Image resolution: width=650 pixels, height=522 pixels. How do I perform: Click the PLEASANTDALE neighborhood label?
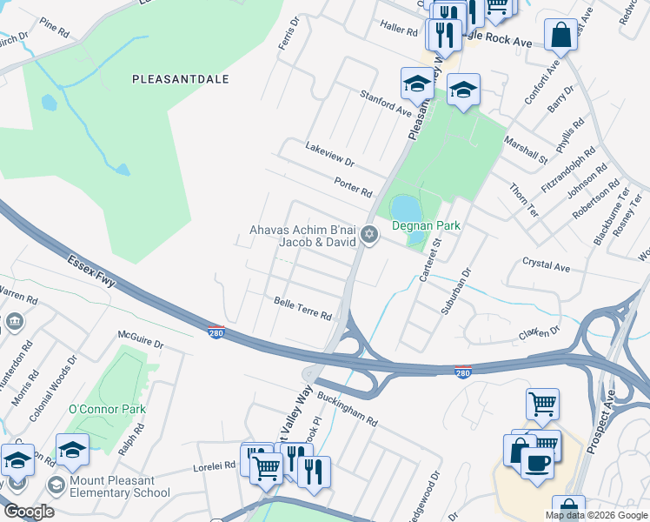coord(181,78)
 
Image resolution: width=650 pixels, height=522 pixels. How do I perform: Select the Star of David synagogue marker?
coord(369,233)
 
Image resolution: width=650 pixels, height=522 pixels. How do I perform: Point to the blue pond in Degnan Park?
coord(404,210)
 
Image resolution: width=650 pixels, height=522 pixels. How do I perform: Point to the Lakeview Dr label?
coord(330,155)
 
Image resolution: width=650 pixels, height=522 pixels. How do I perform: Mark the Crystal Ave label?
coord(546,264)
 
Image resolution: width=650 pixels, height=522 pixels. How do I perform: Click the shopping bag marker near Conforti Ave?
coord(561,36)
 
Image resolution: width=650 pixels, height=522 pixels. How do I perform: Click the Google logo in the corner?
coord(28,512)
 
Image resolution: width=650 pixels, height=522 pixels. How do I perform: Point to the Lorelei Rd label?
coord(214,466)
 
